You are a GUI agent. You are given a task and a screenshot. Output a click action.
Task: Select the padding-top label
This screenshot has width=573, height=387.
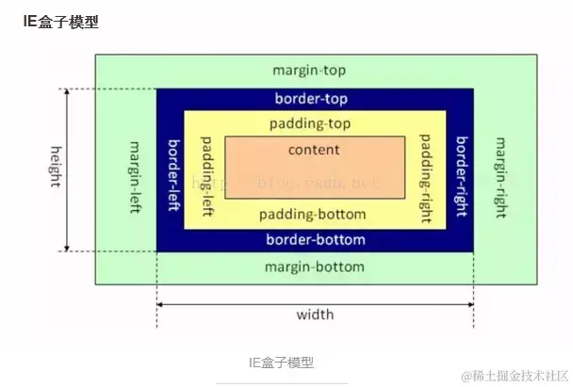click(314, 123)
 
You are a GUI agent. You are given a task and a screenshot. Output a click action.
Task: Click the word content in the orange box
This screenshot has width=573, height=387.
click(314, 149)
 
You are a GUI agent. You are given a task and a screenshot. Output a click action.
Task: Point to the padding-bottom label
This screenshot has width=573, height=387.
click(314, 214)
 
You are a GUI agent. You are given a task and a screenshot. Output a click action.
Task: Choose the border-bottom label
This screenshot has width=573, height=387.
click(314, 239)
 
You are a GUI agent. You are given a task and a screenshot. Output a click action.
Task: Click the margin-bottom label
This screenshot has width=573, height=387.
click(314, 266)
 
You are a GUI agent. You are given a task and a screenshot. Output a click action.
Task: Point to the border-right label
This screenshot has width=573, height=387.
click(461, 169)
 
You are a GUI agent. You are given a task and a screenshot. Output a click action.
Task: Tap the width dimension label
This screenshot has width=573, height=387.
click(314, 314)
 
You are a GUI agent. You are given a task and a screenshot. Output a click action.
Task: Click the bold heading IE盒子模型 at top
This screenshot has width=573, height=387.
click(60, 21)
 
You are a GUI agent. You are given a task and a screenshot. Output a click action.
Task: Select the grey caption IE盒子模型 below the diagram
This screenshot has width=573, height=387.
click(281, 362)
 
